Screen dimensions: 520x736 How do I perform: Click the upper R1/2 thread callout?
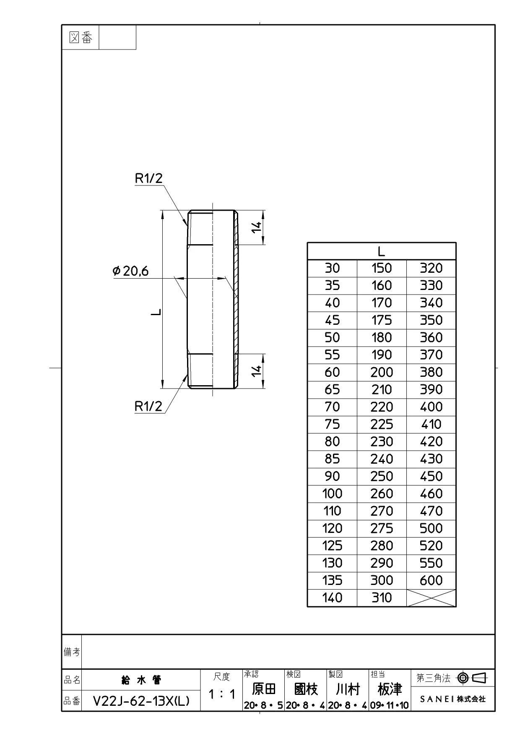tap(148, 178)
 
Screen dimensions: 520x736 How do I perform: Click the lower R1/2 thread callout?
tap(148, 406)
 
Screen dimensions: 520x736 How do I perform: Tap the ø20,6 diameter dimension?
tap(131, 271)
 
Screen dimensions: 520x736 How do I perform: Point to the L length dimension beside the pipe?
tap(156, 312)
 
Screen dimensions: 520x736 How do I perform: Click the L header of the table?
tap(381, 251)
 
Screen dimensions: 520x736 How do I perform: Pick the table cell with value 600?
tap(431, 580)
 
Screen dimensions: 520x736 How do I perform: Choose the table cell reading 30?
tap(332, 268)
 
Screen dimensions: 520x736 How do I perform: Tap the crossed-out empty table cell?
tap(431, 598)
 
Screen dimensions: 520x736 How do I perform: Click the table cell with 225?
tap(382, 424)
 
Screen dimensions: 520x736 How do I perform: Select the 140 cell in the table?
tap(332, 598)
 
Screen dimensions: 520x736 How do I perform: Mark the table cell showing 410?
tap(431, 424)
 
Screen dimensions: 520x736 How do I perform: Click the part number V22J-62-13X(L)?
tap(141, 701)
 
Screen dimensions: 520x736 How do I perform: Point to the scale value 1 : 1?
tap(222, 694)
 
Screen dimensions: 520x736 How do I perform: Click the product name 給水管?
tap(141, 680)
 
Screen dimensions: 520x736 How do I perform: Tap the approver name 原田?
tap(264, 689)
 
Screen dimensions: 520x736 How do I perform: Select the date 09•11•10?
tap(390, 705)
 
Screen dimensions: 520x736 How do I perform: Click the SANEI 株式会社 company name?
tap(453, 699)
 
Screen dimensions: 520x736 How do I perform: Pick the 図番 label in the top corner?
tap(81, 38)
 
